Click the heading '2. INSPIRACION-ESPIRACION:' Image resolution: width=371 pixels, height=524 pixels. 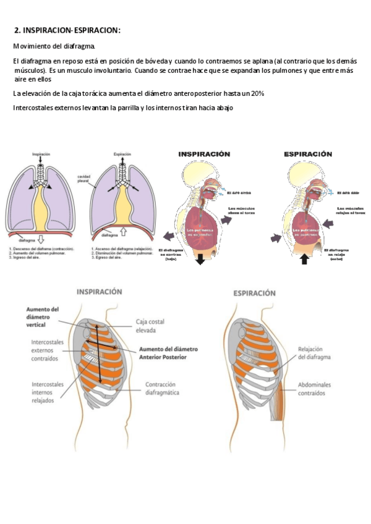pyautogui.click(x=67, y=31)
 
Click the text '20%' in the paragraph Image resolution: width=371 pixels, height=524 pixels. pyautogui.click(x=258, y=93)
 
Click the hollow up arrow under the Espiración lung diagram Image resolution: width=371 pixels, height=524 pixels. pyautogui.click(x=123, y=232)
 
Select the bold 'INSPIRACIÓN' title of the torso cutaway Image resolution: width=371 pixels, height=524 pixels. pyautogui.click(x=205, y=154)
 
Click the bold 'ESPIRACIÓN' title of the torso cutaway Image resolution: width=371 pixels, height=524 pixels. pyautogui.click(x=307, y=154)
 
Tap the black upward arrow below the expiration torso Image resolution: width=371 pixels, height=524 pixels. pyautogui.click(x=304, y=260)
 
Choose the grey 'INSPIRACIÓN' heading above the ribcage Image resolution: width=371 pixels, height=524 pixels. pyautogui.click(x=99, y=291)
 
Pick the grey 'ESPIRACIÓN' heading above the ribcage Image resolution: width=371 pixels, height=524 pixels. pyautogui.click(x=254, y=293)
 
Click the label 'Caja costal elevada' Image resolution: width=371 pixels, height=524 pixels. pyautogui.click(x=151, y=326)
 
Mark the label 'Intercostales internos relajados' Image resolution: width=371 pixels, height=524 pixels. pyautogui.click(x=48, y=392)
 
